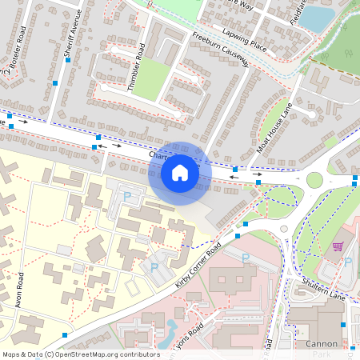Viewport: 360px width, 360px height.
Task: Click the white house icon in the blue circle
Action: pyautogui.click(x=180, y=173)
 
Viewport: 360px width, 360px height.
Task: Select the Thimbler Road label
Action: pyautogui.click(x=137, y=65)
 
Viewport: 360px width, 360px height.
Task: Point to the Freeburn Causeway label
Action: pyautogui.click(x=221, y=50)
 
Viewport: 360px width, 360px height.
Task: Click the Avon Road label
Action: pyautogui.click(x=21, y=291)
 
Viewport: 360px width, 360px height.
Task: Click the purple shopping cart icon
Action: pyautogui.click(x=338, y=246)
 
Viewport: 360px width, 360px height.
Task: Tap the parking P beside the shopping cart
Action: pyautogui.click(x=348, y=261)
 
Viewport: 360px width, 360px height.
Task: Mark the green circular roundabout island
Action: pyautogui.click(x=314, y=179)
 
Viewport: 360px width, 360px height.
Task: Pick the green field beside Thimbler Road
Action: pyautogui.click(x=151, y=79)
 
